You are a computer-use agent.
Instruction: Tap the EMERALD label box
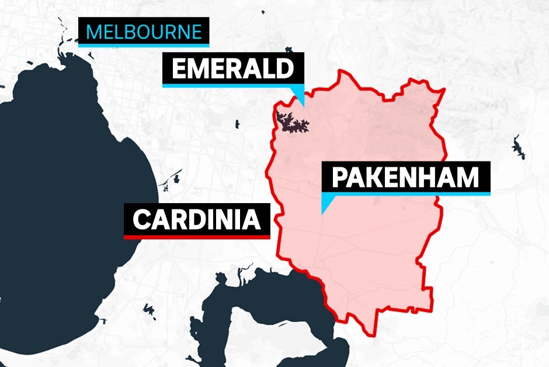click(x=233, y=69)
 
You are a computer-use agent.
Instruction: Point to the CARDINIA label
click(x=196, y=219)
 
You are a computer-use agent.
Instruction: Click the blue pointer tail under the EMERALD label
click(x=301, y=95)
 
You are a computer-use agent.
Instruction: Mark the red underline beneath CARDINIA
click(x=196, y=237)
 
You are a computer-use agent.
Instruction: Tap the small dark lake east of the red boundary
click(x=517, y=148)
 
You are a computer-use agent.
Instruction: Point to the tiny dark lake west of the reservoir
click(x=237, y=124)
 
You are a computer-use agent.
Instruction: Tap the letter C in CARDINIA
click(x=142, y=220)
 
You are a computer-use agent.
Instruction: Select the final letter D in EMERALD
click(x=283, y=69)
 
